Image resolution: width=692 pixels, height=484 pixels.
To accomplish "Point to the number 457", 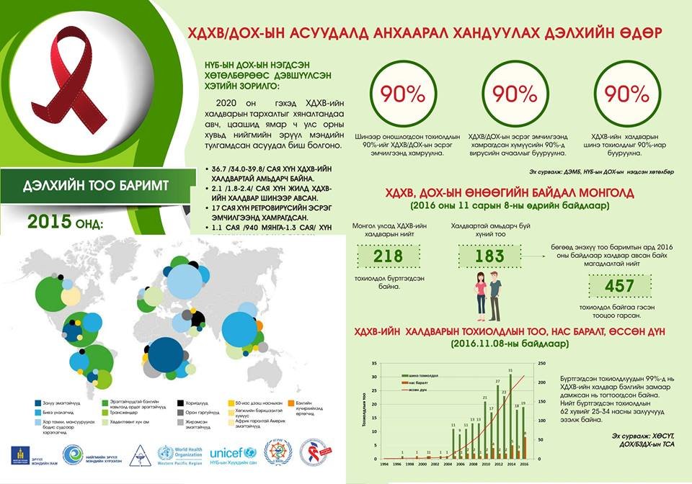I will pos(619,287).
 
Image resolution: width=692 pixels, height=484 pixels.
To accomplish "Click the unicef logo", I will pos(233,453).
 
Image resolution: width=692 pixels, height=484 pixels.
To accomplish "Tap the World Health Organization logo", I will pos(178,454).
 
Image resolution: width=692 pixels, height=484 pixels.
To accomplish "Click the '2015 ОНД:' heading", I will pos(66,223).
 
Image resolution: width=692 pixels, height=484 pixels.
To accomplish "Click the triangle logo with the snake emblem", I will pos(137,454).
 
